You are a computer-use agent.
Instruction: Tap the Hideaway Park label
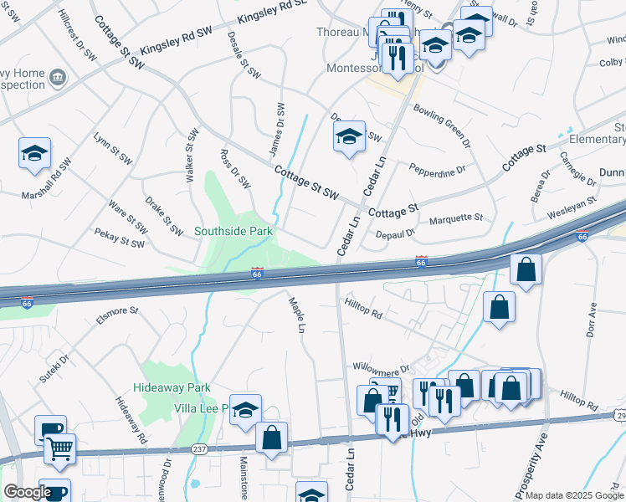[172, 388]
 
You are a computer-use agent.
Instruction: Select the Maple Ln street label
[296, 313]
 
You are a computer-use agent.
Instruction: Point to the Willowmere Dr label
[380, 367]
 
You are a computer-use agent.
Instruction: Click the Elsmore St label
[117, 315]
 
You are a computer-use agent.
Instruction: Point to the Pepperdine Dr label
[437, 171]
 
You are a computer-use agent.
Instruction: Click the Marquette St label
[456, 218]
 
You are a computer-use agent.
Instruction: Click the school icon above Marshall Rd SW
[35, 153]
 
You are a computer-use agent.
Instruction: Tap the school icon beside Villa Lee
[245, 410]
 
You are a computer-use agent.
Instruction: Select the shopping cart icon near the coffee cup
[60, 448]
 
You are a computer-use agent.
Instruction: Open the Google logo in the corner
[27, 492]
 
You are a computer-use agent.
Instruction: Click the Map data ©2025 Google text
[573, 495]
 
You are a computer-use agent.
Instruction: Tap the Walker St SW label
[192, 148]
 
